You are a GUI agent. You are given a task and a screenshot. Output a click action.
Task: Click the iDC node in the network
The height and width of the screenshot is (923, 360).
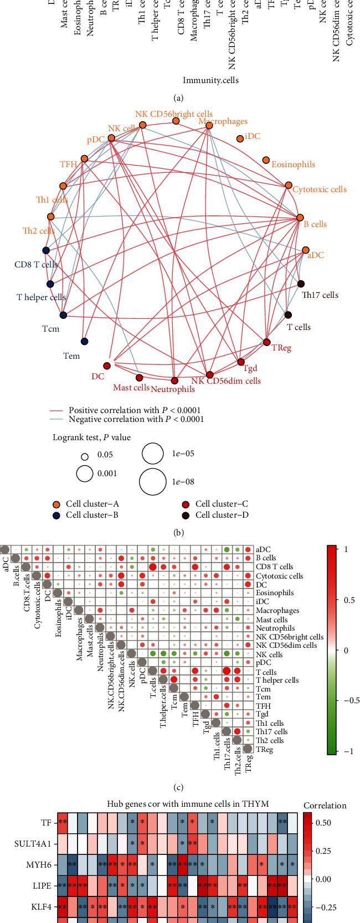pyautogui.click(x=240, y=138)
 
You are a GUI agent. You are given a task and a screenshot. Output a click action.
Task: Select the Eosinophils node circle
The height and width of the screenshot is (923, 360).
pyautogui.click(x=266, y=159)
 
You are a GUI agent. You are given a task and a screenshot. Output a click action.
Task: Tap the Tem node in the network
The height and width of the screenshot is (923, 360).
pyautogui.click(x=84, y=341)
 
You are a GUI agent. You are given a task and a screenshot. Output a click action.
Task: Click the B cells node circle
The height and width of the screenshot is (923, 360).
pyautogui.click(x=300, y=218)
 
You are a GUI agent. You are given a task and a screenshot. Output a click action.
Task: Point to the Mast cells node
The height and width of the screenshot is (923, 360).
pyautogui.click(x=139, y=377)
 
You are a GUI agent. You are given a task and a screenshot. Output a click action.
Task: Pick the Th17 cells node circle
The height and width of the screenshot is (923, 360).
pyautogui.click(x=301, y=284)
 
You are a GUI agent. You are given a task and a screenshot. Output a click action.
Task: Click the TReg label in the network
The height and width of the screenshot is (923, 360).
pyautogui.click(x=281, y=348)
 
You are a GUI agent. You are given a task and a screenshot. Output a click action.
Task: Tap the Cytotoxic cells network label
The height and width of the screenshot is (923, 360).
pyautogui.click(x=320, y=189)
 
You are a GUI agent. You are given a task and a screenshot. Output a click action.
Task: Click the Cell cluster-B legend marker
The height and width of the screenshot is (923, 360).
pyautogui.click(x=56, y=515)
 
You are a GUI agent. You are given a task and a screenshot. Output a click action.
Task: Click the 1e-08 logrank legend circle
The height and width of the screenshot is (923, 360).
pyautogui.click(x=153, y=481)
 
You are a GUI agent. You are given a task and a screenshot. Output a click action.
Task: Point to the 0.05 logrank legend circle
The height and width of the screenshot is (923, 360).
pyautogui.click(x=85, y=457)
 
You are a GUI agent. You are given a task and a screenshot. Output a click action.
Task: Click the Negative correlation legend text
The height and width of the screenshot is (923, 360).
pyautogui.click(x=136, y=419)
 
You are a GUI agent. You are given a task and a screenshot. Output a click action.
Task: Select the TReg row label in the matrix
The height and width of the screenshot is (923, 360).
pyautogui.click(x=265, y=749)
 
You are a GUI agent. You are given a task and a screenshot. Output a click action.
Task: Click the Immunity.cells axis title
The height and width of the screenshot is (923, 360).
pyautogui.click(x=210, y=80)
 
